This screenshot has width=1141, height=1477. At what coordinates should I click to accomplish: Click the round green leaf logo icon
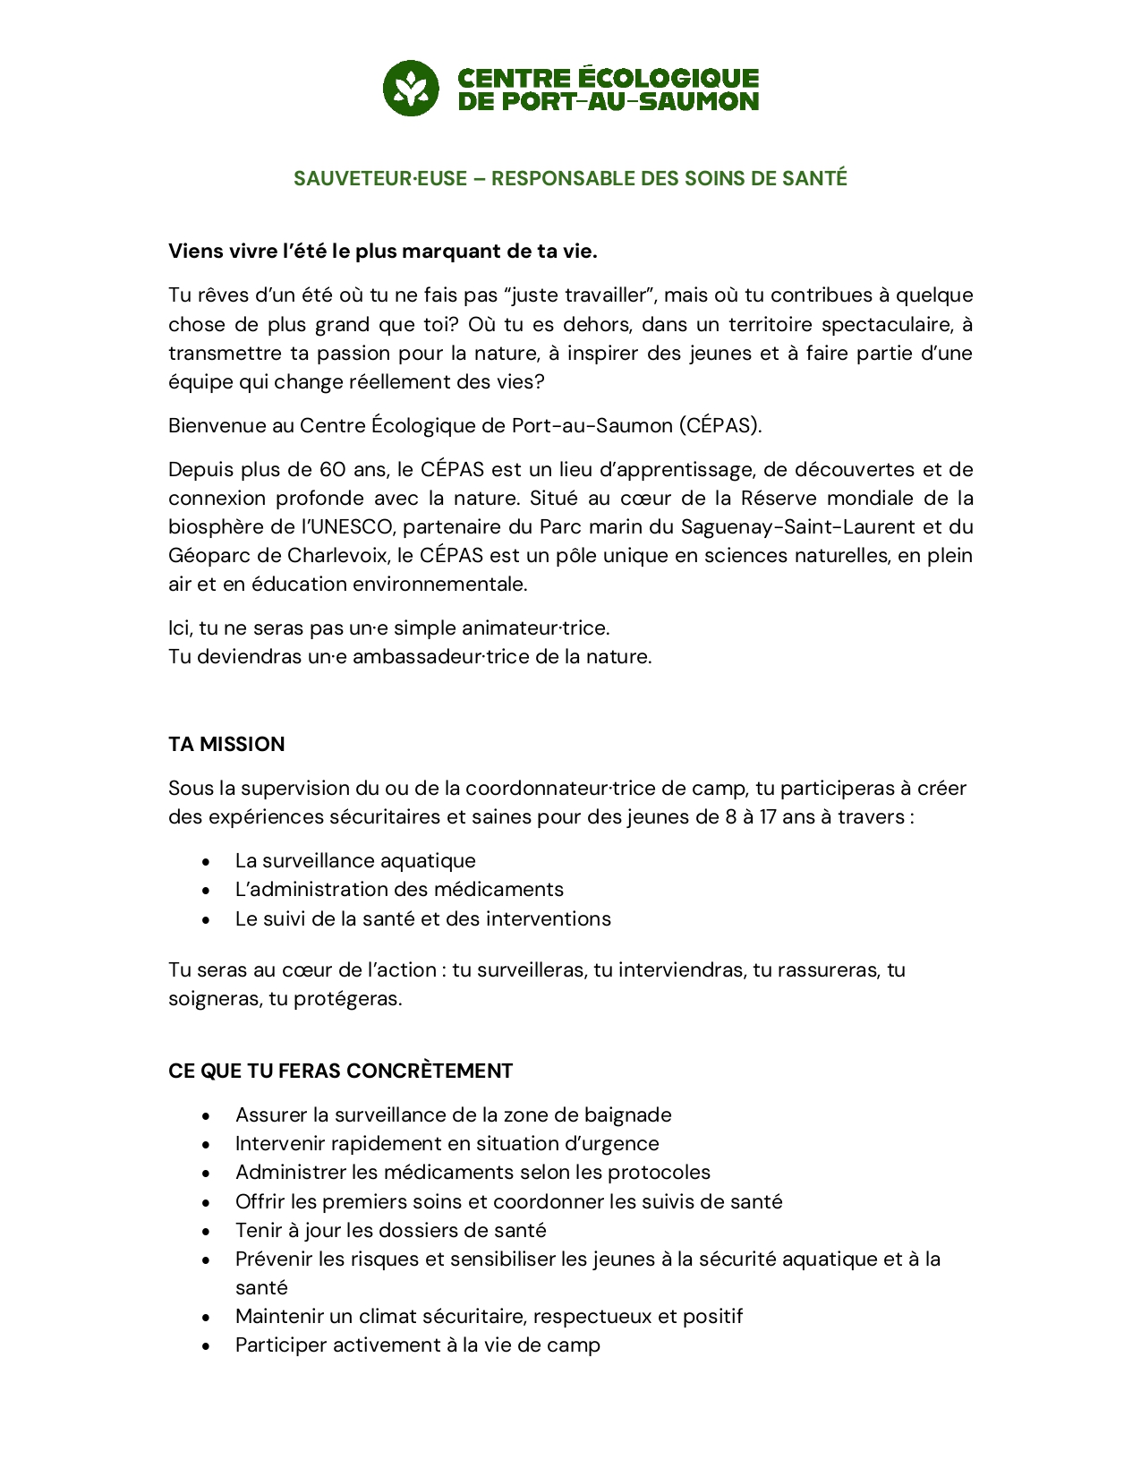pos(411,89)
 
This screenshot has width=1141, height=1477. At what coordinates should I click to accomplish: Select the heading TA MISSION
pos(226,745)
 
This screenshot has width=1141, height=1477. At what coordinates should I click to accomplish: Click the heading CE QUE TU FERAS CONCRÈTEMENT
pos(340,1071)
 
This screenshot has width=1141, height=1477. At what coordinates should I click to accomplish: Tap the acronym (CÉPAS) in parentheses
pos(720,426)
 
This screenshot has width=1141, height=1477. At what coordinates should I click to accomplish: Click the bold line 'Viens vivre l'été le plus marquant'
pos(382,252)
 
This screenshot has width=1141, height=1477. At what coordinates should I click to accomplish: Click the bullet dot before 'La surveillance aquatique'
pos(207,862)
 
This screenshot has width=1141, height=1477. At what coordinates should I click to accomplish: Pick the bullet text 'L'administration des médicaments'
pos(399,890)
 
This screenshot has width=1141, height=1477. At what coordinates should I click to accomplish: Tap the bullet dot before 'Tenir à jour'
pos(207,1232)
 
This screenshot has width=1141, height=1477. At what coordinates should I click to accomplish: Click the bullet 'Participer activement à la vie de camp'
pos(417,1345)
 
